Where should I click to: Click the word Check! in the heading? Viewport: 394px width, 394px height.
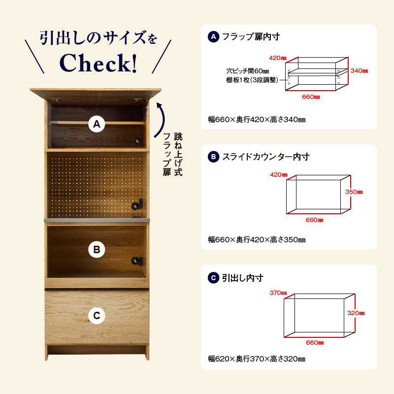[x=98, y=63]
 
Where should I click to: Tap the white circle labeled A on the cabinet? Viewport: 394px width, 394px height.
[x=97, y=124]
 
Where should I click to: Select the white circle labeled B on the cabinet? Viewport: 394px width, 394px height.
[x=97, y=250]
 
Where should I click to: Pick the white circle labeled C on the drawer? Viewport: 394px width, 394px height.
[x=97, y=315]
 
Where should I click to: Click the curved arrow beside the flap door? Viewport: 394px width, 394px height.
[x=161, y=120]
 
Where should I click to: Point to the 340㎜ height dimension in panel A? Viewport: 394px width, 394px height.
[x=359, y=71]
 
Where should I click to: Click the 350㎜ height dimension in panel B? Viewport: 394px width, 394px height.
[x=354, y=192]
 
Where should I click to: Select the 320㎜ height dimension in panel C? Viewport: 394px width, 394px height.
[x=356, y=313]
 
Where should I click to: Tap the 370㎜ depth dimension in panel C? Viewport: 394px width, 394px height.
[x=278, y=293]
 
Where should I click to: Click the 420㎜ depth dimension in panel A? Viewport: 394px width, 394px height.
[x=278, y=58]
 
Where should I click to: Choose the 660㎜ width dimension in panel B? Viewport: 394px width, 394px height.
[x=315, y=220]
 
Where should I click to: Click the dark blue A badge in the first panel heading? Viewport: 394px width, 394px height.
[x=214, y=36]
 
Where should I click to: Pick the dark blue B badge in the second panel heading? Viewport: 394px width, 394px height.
[x=214, y=157]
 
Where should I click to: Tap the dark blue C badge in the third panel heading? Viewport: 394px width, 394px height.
[x=214, y=278]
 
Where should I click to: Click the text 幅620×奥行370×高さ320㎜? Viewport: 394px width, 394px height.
[x=257, y=359]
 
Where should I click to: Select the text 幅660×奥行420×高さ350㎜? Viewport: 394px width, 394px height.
[x=257, y=239]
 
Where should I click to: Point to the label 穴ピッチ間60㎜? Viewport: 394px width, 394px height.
[x=248, y=71]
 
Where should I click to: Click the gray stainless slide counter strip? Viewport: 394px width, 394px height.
[x=97, y=220]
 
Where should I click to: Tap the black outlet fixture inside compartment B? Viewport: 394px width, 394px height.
[x=137, y=261]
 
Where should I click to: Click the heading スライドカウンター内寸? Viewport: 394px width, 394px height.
[x=266, y=157]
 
